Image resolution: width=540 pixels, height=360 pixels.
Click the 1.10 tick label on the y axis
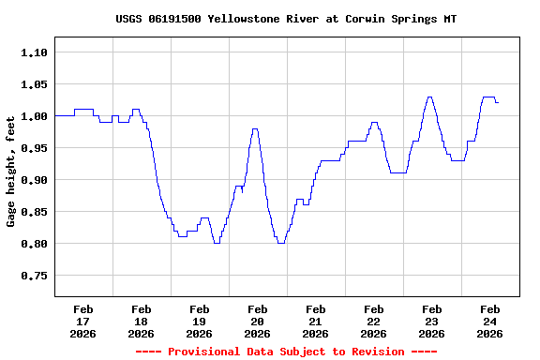[x=34, y=52]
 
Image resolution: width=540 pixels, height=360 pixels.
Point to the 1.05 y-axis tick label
[x=34, y=84]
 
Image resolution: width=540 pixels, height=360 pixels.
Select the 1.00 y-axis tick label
[x=34, y=116]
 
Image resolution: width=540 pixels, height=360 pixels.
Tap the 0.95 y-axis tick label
[x=34, y=148]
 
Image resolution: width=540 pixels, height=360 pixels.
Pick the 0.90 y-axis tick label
[x=34, y=180]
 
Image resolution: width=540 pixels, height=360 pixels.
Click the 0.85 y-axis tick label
[x=34, y=212]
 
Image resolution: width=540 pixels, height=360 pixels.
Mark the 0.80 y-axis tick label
[x=34, y=244]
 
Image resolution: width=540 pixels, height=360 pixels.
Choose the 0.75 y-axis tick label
[x=34, y=276]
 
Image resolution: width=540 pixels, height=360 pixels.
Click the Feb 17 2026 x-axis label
[x=83, y=321]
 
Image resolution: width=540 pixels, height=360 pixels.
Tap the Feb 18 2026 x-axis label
[x=142, y=321]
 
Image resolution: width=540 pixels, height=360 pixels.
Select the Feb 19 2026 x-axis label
[x=200, y=321]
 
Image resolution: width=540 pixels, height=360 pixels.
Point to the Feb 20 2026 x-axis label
[x=258, y=321]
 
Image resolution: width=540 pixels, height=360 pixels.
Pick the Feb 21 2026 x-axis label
[x=316, y=321]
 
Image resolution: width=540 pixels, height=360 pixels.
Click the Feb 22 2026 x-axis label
[x=374, y=321]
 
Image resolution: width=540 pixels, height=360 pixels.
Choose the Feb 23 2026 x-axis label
[x=432, y=321]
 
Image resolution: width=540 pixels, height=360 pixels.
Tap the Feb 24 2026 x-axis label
[x=490, y=321]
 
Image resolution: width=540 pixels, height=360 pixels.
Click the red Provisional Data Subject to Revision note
[x=286, y=352]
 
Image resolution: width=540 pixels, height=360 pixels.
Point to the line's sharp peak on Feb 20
[x=255, y=129]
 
